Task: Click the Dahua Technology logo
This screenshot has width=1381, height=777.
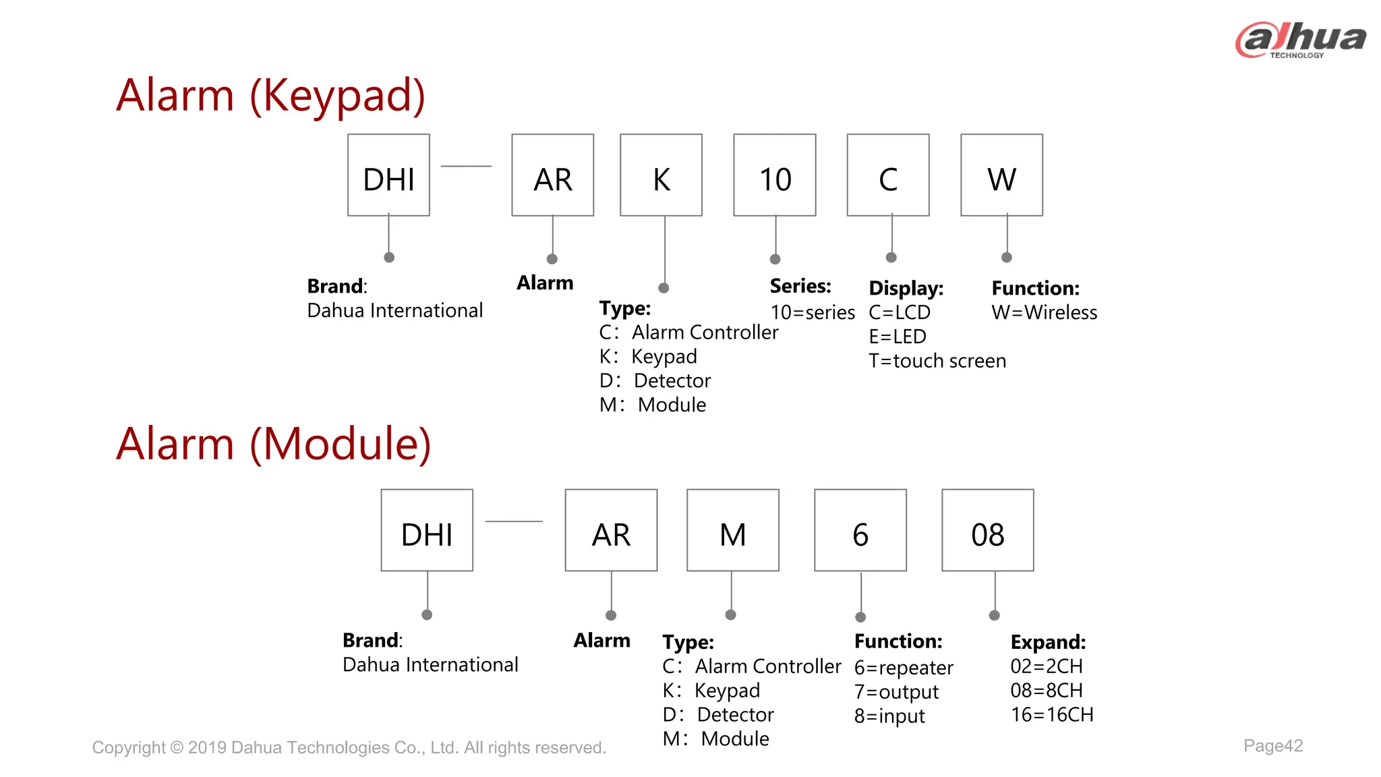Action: point(1300,40)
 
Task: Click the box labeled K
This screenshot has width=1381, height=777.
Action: point(661,175)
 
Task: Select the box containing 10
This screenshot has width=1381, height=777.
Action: point(774,175)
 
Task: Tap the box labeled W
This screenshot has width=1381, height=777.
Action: point(1001,175)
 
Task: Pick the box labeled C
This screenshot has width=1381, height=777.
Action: point(888,175)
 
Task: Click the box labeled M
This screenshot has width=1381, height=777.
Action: point(732,531)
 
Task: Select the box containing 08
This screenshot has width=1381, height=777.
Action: point(987,531)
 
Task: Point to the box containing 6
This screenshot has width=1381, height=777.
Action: point(860,531)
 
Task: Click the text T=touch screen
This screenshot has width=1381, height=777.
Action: point(937,362)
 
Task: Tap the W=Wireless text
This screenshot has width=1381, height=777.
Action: point(1044,313)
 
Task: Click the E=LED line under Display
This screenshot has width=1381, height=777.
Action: point(898,337)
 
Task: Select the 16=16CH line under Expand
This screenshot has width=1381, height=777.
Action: point(1051,715)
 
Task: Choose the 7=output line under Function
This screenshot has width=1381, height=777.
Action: point(896,692)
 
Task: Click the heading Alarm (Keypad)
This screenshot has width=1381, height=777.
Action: point(270,95)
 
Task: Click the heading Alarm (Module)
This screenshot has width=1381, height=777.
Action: point(273,444)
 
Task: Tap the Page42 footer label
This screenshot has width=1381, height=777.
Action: point(1272,746)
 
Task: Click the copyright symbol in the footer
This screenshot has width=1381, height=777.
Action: point(177,748)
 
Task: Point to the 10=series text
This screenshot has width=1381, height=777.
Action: point(813,313)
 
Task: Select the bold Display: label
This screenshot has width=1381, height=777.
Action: point(906,289)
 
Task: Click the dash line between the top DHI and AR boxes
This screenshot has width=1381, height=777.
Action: point(466,166)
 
